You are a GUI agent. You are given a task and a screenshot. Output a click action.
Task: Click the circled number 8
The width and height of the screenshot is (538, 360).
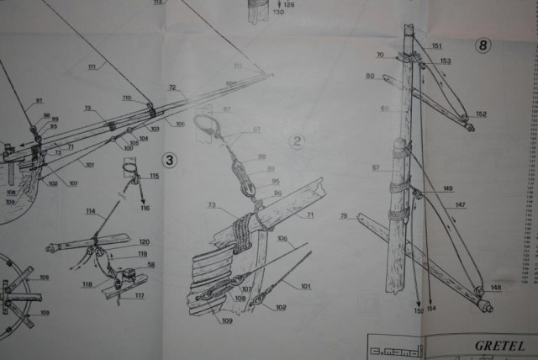pyautogui.click(x=483, y=45)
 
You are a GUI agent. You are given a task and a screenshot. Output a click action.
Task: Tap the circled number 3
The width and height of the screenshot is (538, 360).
pyautogui.click(x=170, y=159)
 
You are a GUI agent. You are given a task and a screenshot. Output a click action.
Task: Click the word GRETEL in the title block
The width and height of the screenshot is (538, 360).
pyautogui.click(x=499, y=345)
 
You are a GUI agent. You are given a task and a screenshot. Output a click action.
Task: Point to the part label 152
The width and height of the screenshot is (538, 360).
pyautogui.click(x=481, y=114)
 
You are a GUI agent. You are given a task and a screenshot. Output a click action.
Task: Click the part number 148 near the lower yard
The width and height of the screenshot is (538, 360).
pyautogui.click(x=495, y=288)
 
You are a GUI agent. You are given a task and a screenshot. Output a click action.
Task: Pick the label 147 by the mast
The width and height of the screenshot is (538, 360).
pyautogui.click(x=460, y=204)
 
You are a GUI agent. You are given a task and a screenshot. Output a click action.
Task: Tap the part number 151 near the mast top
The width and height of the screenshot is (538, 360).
pyautogui.click(x=436, y=45)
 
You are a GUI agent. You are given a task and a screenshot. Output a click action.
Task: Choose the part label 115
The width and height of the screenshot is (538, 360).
pyautogui.click(x=154, y=176)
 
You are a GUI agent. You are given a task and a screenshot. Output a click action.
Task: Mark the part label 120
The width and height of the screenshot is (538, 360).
pyautogui.click(x=144, y=241)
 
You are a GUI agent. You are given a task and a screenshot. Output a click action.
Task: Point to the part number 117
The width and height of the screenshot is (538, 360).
pyautogui.click(x=139, y=295)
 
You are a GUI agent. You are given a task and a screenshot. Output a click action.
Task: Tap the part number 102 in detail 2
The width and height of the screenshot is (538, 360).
pyautogui.click(x=280, y=307)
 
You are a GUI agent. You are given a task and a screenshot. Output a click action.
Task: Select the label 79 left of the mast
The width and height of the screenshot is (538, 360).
pyautogui.click(x=344, y=217)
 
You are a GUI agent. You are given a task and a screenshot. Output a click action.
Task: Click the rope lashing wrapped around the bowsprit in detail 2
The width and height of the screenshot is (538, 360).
pyautogui.click(x=244, y=225)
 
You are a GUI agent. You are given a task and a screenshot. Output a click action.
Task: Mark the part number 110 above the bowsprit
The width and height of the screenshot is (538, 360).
pyautogui.click(x=127, y=98)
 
